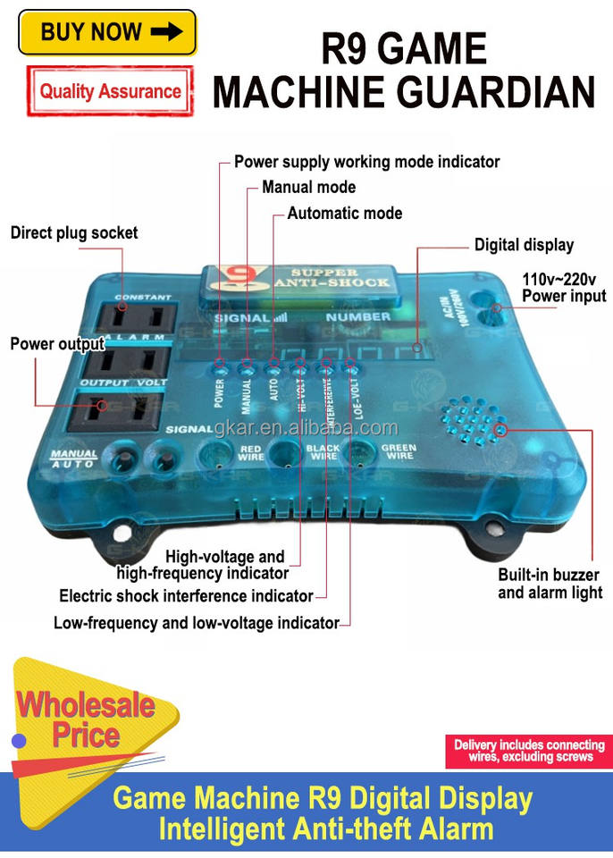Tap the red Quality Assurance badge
(110, 90)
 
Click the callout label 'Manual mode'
(308, 187)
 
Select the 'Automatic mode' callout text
(344, 213)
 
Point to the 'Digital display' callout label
(524, 244)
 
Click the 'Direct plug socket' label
(74, 232)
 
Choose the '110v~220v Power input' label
(564, 288)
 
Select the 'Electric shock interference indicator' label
(186, 595)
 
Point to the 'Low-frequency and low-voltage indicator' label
(197, 622)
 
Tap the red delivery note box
(529, 751)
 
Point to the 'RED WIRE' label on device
(251, 451)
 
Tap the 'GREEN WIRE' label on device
(399, 452)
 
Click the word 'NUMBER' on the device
(357, 316)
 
